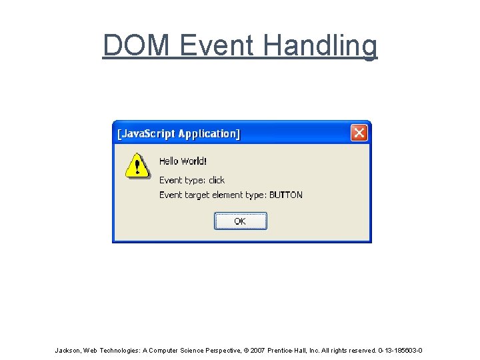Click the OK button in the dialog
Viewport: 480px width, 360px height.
point(240,221)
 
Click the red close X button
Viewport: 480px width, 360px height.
point(359,133)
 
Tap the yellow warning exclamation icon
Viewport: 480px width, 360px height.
point(137,166)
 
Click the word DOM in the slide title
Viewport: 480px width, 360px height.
point(137,45)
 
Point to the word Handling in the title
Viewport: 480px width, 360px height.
point(320,45)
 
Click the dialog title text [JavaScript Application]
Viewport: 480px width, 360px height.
point(179,133)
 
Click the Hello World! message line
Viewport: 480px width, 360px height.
point(183,161)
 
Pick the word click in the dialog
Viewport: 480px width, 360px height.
point(217,180)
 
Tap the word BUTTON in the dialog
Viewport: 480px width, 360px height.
point(286,195)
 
